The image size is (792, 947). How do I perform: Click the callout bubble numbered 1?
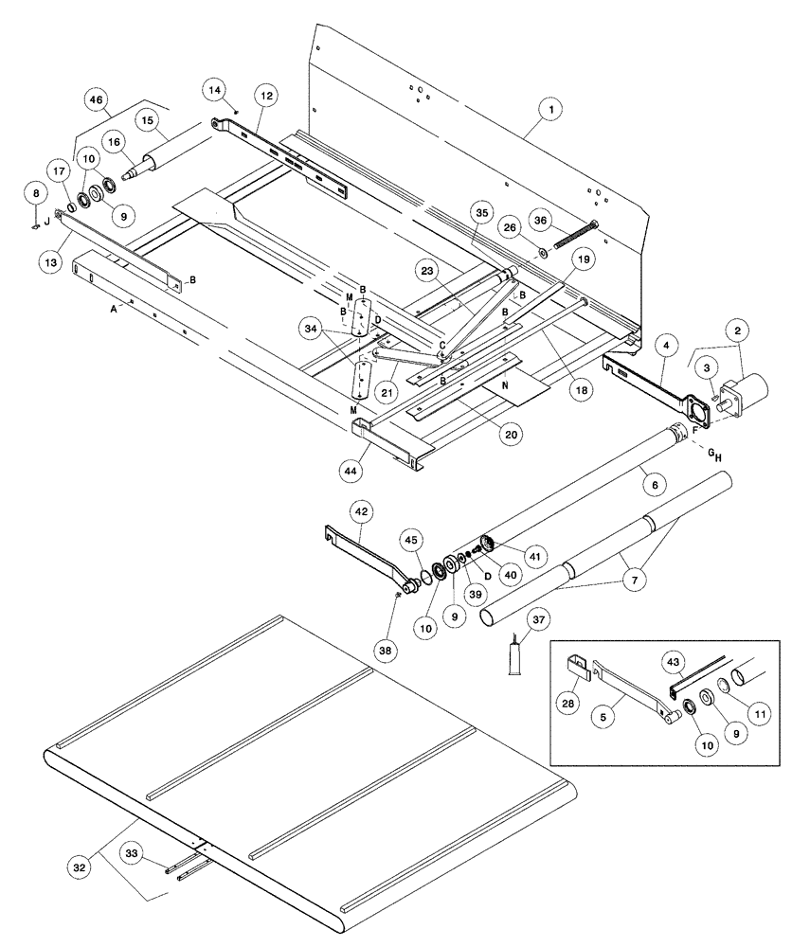pyautogui.click(x=547, y=111)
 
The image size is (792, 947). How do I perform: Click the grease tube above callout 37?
pyautogui.click(x=517, y=654)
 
